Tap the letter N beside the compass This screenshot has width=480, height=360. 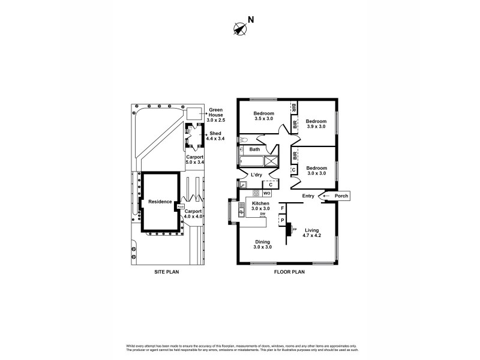coord(251,19)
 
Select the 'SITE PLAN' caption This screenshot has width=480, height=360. coord(167,271)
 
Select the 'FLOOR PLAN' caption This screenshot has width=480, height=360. coord(290,271)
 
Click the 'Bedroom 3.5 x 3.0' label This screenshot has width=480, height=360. coord(263,116)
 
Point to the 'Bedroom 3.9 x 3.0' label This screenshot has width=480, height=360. coord(316,124)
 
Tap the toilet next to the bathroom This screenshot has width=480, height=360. coord(242,140)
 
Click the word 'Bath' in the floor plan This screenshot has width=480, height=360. coord(254,149)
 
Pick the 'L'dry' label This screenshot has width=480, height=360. coord(257,175)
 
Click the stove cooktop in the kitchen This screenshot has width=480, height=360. coord(256,193)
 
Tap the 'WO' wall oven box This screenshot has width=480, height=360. coord(267,193)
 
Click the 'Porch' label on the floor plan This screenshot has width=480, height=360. coord(341,196)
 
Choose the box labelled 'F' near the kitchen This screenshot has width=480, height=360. coord(283,208)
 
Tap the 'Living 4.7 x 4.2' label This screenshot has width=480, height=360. coord(311,233)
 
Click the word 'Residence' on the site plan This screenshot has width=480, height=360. coord(160,202)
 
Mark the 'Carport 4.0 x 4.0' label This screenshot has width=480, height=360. coord(193,214)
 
